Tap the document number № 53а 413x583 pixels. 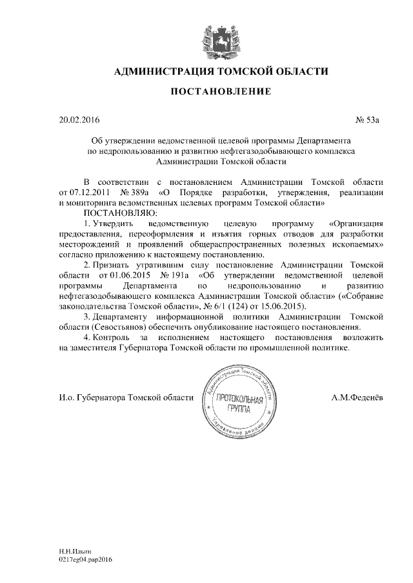pyautogui.click(x=370, y=120)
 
